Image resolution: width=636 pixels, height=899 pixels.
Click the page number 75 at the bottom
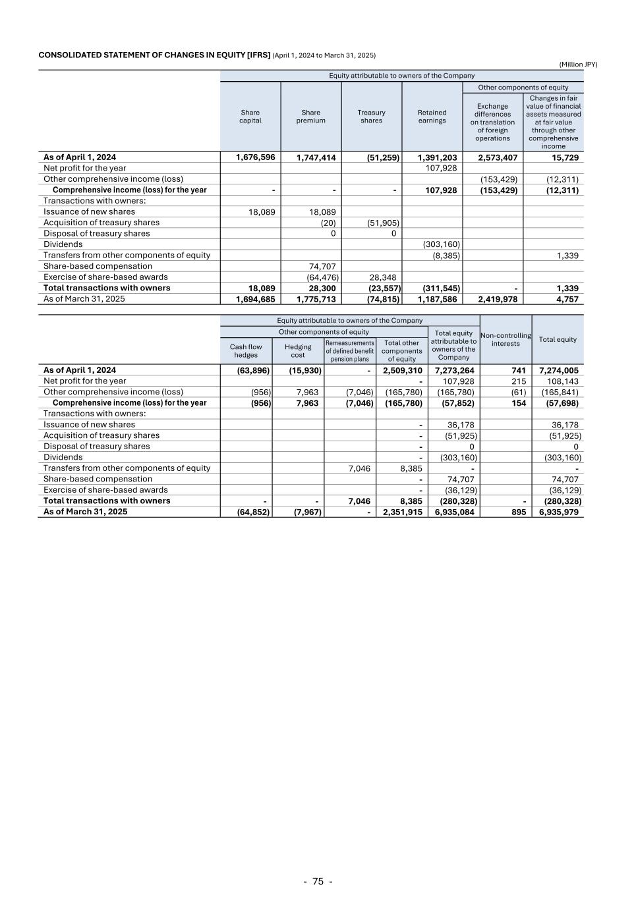click(x=318, y=881)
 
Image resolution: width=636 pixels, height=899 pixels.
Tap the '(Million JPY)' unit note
click(x=578, y=64)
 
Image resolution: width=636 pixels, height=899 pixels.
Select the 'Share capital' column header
click(x=250, y=117)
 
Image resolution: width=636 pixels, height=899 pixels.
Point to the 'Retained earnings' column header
click(x=432, y=117)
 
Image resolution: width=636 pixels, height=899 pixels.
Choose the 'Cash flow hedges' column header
click(x=246, y=351)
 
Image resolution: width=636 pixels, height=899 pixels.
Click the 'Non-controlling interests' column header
click(x=506, y=339)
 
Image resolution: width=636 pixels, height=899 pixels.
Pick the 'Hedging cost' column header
click(x=298, y=351)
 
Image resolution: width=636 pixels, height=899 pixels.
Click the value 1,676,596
click(x=255, y=157)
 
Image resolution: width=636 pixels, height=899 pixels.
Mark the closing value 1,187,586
click(x=437, y=299)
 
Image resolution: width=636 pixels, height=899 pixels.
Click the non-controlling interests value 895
click(x=519, y=512)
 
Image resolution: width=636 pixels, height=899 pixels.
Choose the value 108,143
click(x=563, y=381)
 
